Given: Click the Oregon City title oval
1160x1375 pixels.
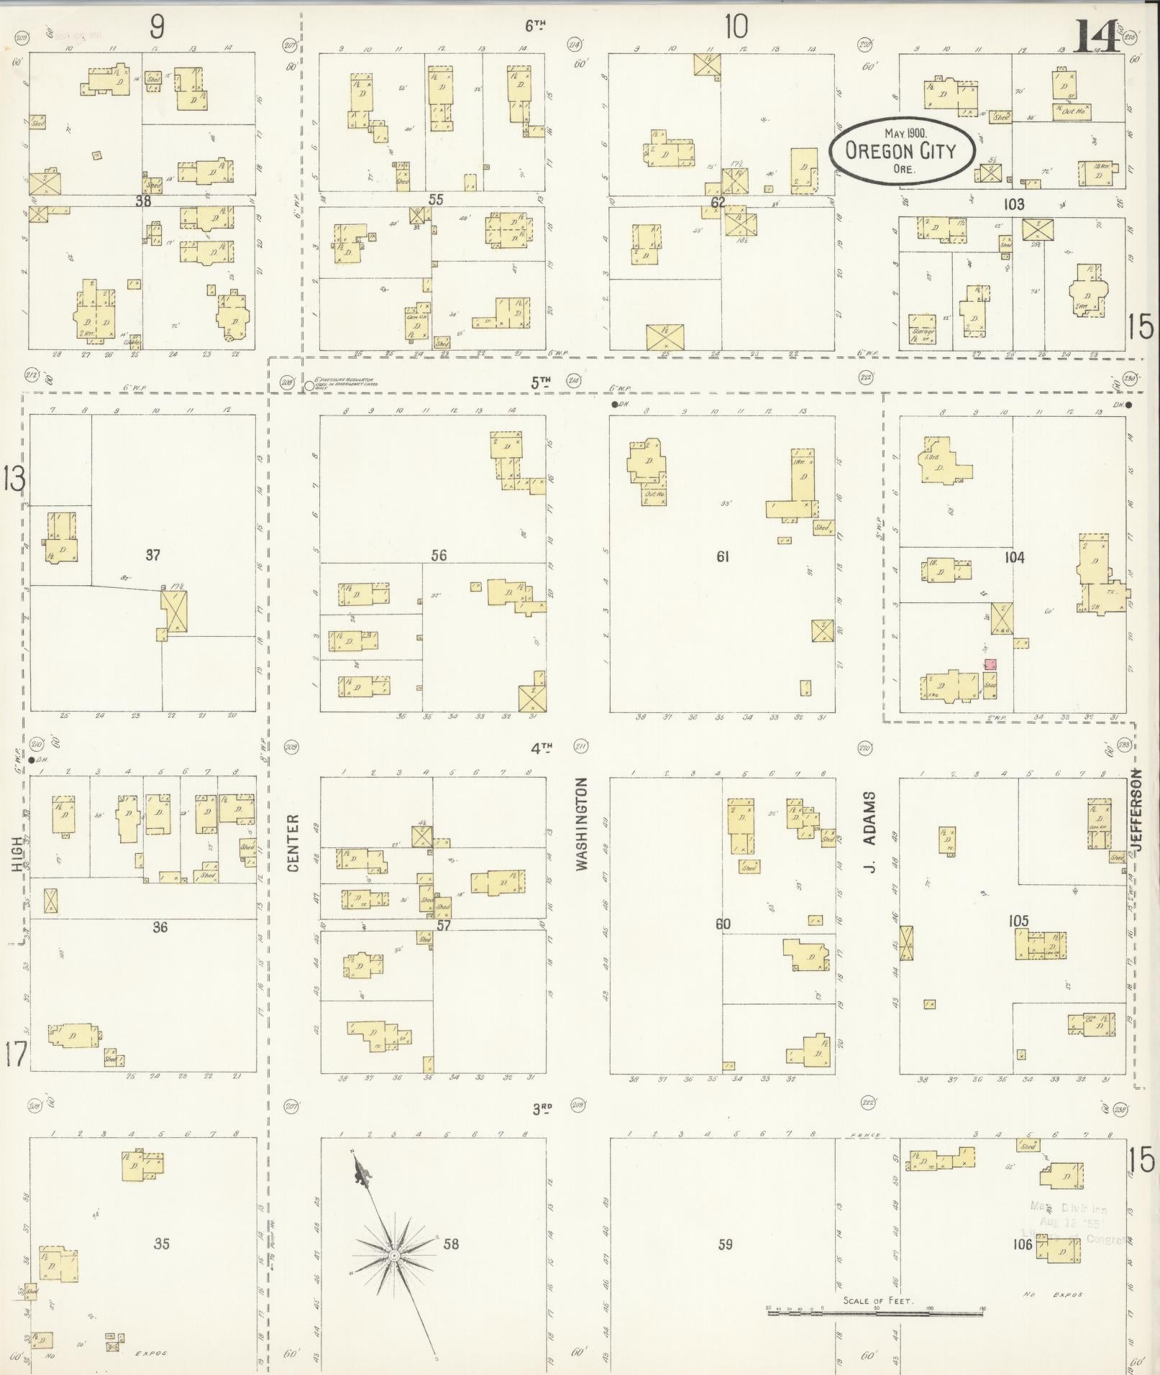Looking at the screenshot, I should [x=901, y=151].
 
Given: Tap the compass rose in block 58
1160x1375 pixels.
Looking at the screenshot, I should [x=394, y=1255].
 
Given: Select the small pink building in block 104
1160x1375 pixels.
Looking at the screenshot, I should [x=990, y=664].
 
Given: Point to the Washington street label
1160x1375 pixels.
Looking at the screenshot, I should [x=582, y=824].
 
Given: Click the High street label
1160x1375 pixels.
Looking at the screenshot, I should [x=17, y=857].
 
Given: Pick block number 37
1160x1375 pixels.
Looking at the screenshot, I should [x=152, y=555].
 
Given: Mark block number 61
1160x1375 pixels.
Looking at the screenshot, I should [x=723, y=556].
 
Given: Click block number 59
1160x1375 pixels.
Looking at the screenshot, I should [x=725, y=1244].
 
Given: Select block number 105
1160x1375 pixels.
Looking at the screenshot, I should [x=1018, y=921].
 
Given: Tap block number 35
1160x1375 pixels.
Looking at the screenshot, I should [x=161, y=1243].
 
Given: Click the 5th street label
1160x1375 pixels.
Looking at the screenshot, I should [x=541, y=383].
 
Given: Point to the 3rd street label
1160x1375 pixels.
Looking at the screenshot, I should [x=542, y=1109].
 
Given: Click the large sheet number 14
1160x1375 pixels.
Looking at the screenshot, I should [x=1096, y=37].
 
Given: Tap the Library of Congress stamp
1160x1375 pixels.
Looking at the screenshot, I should [x=1074, y=1223].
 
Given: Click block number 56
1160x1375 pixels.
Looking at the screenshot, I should [x=439, y=555].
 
